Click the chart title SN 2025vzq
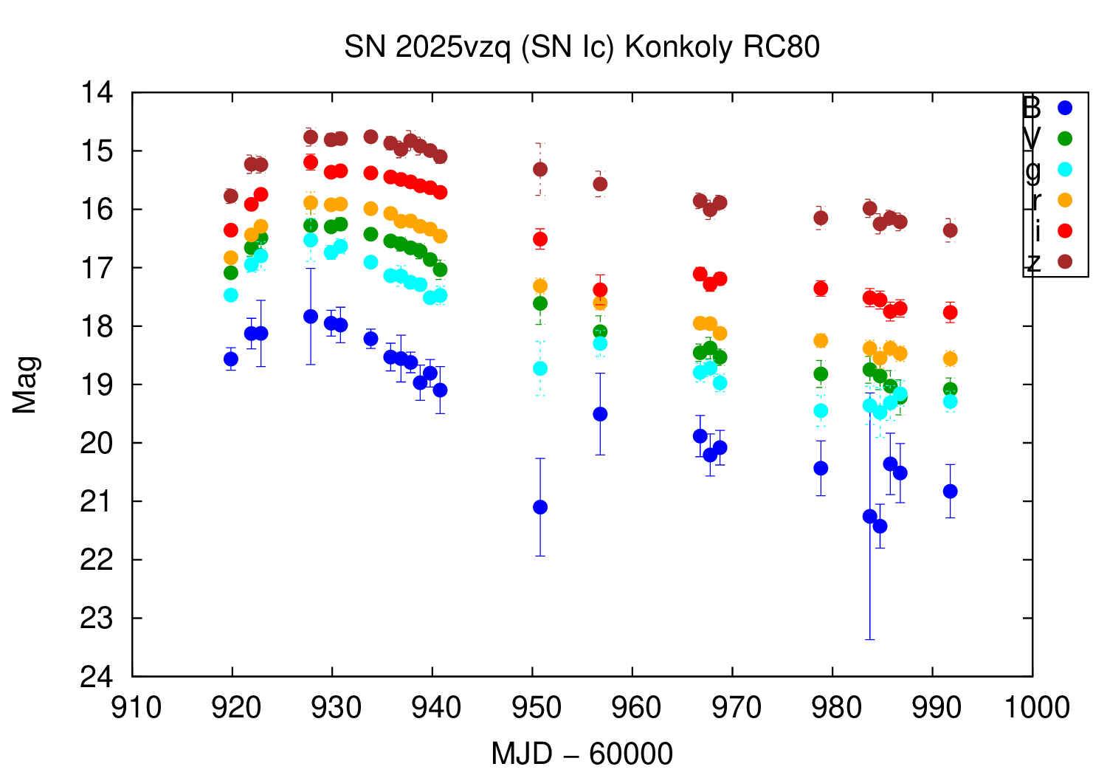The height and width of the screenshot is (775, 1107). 582,47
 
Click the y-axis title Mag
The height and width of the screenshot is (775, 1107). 25,385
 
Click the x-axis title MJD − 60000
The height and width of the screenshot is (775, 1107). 582,754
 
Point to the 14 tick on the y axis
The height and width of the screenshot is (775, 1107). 99,93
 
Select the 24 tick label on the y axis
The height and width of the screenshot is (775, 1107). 99,677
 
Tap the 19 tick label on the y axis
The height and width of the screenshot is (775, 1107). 99,385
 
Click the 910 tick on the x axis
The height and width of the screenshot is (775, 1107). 136,708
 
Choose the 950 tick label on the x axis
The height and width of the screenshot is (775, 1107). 537,708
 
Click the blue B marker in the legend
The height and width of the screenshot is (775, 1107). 1064,108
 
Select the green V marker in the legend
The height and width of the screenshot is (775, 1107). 1064,138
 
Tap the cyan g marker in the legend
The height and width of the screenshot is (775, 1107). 1064,169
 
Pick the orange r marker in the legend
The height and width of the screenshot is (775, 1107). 1064,200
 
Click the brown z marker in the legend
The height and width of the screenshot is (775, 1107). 1064,261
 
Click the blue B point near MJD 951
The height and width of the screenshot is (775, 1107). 540,507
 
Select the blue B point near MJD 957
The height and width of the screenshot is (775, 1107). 600,414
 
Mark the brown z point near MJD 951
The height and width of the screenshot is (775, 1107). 540,169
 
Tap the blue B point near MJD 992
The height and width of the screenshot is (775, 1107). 950,491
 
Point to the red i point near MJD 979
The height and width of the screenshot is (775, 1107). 821,288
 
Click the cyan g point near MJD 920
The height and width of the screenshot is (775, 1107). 231,294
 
